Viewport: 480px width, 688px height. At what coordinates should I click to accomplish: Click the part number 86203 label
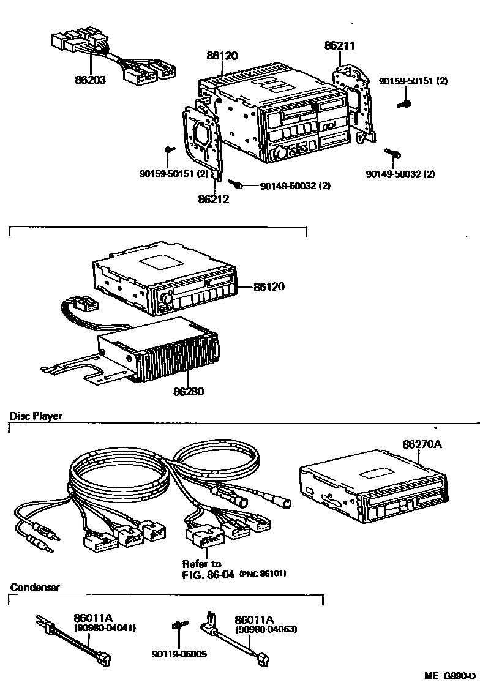[91, 79]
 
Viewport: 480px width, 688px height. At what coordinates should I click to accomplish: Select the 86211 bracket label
[339, 45]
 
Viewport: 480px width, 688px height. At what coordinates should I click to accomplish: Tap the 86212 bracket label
[213, 199]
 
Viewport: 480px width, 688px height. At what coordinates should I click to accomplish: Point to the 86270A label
[422, 444]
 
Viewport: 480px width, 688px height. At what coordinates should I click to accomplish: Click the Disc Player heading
[36, 416]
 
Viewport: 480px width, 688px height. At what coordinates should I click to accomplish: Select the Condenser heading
[35, 587]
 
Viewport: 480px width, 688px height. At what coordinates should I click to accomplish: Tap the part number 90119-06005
[179, 654]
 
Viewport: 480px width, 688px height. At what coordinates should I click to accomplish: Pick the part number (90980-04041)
[105, 628]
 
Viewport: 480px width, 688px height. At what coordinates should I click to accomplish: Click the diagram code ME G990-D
[450, 676]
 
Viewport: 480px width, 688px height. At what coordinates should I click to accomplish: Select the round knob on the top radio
[282, 152]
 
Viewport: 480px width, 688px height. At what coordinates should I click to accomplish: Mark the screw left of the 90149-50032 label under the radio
[236, 182]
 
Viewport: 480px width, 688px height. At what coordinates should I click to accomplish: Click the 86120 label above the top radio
[222, 55]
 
